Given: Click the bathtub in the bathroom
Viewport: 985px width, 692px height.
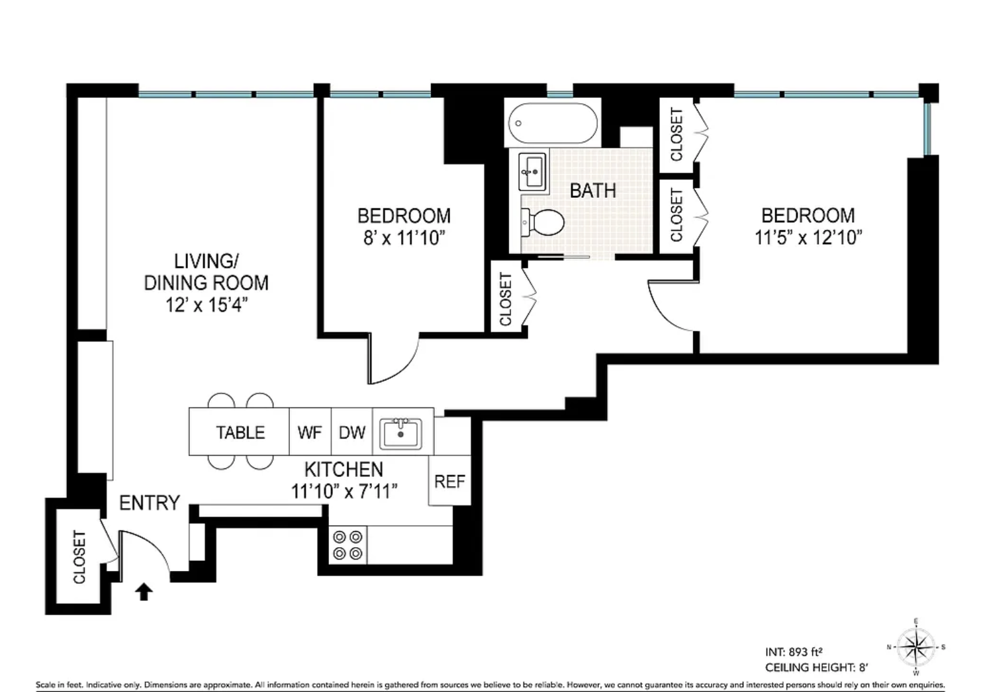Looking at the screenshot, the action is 553,123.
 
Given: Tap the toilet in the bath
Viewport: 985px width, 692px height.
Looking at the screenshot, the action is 543,222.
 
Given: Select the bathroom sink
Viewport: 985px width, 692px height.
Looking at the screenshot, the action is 532,172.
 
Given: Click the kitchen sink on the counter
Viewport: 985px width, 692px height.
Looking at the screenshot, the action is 400,433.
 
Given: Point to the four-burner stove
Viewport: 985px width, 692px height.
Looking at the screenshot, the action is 348,545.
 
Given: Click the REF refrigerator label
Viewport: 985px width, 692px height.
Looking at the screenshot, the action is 449,482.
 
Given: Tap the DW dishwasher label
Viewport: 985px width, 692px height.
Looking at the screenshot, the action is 352,433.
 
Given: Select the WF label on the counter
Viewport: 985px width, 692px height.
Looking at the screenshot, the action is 310,433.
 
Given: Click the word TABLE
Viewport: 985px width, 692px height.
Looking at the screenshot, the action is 240,433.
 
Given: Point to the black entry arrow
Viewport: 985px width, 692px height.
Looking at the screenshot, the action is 144,591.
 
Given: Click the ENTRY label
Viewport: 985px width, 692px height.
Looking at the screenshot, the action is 150,503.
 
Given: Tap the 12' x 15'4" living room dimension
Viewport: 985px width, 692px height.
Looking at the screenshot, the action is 207,304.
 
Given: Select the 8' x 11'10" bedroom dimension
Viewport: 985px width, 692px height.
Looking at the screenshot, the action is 404,238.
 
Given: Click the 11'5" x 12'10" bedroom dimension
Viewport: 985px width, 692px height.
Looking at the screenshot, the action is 808,238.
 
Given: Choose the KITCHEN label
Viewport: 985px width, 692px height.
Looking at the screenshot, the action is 344,470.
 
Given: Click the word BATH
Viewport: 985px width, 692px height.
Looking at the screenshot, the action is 592,191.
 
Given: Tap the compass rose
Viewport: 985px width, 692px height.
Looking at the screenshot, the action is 916,647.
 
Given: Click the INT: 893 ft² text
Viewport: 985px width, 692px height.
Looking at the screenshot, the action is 794,652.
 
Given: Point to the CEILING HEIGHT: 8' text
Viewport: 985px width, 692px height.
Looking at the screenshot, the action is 817,668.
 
